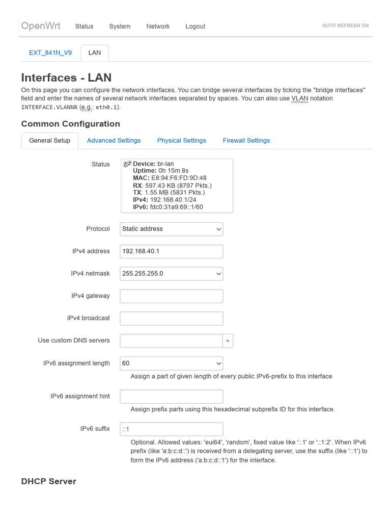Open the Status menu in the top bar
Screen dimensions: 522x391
point(84,27)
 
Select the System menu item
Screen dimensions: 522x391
point(120,27)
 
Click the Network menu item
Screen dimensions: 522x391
point(158,27)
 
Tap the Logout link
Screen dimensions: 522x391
point(195,27)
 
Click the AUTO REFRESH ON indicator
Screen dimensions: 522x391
point(345,25)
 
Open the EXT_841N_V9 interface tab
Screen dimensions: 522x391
point(50,53)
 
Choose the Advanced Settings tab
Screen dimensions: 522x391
point(114,141)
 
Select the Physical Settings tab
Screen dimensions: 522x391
point(181,141)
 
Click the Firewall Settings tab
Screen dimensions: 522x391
point(246,141)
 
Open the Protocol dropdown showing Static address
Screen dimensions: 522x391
point(172,229)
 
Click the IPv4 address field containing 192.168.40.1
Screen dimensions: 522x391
point(172,251)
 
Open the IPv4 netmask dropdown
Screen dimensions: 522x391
point(172,274)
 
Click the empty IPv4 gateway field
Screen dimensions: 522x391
point(172,296)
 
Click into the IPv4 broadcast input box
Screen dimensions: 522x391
point(172,319)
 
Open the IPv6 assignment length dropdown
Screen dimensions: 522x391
point(172,363)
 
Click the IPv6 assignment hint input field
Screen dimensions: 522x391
point(172,397)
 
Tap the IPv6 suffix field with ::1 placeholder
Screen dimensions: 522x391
point(172,429)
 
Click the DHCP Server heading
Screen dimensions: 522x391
point(49,482)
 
